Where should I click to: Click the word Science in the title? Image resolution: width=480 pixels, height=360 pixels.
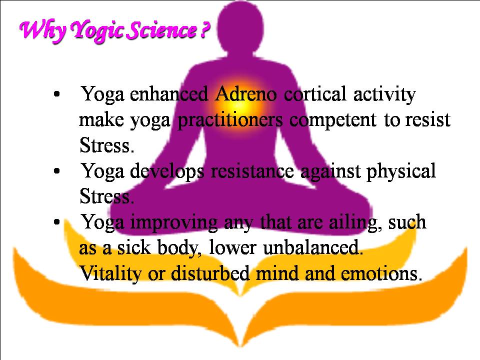coord(161,30)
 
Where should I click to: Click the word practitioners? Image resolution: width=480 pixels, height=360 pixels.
coord(230,120)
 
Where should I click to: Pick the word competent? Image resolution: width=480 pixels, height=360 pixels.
coord(333,120)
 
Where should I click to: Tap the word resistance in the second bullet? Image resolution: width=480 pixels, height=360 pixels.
coord(252,171)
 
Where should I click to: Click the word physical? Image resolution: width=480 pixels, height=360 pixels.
coord(400,171)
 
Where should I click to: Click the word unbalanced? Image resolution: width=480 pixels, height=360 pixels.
coord(313,247)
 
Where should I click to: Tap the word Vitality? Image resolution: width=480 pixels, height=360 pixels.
coord(110,273)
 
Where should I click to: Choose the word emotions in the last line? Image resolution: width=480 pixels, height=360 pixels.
coord(381,273)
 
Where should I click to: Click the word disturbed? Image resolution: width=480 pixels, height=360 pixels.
coord(210,273)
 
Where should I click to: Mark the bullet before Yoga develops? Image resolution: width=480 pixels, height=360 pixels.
coord(56,171)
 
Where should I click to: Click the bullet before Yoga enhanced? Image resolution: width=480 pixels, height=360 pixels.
coord(56,94)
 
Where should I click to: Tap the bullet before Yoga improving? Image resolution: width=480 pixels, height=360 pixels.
coord(56,222)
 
